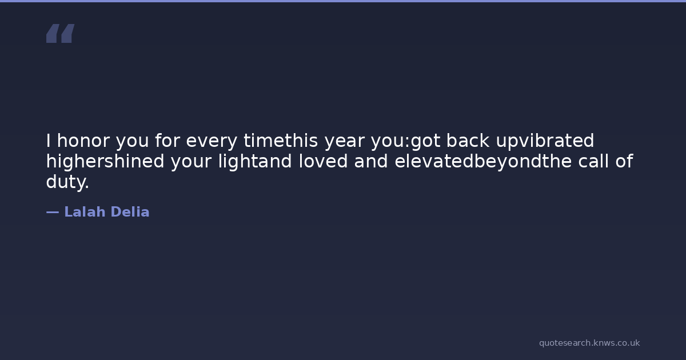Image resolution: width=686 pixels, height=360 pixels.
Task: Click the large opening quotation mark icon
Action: (x=61, y=33)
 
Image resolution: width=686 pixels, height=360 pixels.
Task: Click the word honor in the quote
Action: (x=83, y=141)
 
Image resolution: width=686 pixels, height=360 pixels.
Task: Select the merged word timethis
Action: (x=281, y=141)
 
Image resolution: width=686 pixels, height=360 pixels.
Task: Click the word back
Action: (x=468, y=141)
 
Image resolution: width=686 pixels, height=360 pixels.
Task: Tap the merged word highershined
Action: (x=105, y=161)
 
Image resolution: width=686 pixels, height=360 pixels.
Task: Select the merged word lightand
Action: (x=255, y=161)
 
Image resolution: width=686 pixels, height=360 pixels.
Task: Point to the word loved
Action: (x=323, y=161)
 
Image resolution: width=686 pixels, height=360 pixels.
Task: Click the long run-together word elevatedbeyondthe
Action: (x=483, y=161)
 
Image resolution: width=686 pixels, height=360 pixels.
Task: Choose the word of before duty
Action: (x=624, y=161)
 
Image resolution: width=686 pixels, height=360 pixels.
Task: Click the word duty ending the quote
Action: (x=67, y=182)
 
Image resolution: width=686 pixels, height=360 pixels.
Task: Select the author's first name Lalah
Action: (x=85, y=212)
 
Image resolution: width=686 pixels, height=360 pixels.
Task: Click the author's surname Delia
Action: (x=130, y=212)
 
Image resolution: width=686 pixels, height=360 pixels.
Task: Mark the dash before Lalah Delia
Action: (x=53, y=212)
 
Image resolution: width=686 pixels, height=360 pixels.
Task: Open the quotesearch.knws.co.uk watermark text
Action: (x=589, y=343)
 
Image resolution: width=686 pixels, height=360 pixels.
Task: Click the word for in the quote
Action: (x=167, y=141)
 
